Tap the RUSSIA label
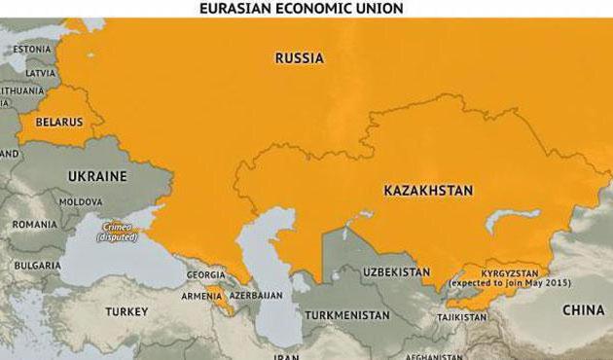tap(299, 58)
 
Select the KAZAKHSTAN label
tap(428, 191)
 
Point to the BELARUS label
tap(58, 123)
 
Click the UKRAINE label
tap(97, 176)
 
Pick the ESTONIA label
tap(31, 49)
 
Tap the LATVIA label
tap(40, 73)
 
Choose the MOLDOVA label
tap(80, 201)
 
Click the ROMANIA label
tap(35, 224)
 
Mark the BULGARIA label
tap(38, 265)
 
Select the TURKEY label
tap(127, 311)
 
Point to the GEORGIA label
tap(205, 274)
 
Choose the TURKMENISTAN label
tap(346, 315)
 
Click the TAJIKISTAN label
tap(461, 317)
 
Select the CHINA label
tap(584, 309)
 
